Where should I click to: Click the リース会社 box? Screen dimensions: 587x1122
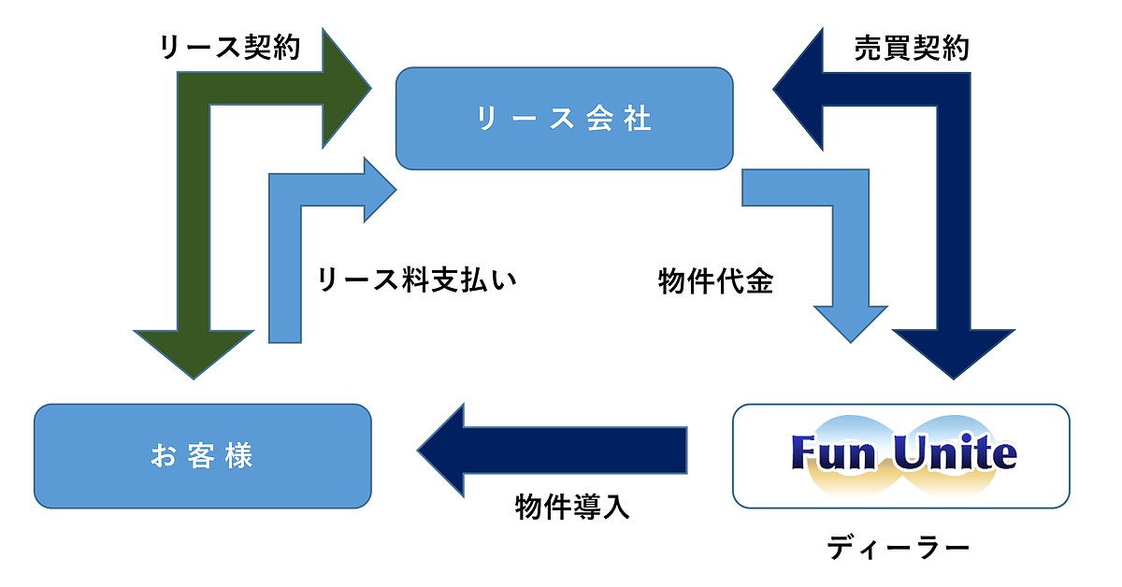tap(564, 119)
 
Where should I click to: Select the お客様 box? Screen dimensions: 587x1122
tap(203, 456)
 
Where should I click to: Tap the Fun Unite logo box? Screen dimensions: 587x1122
tap(900, 456)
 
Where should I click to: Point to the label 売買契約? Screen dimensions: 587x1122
tap(912, 49)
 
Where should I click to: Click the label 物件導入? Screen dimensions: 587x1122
tap(573, 507)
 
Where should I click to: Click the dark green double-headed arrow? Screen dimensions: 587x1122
tap(194, 215)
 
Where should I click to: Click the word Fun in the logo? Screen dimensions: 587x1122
tap(827, 453)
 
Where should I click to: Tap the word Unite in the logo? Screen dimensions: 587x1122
tap(954, 453)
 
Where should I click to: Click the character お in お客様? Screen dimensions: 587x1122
tap(161, 456)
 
